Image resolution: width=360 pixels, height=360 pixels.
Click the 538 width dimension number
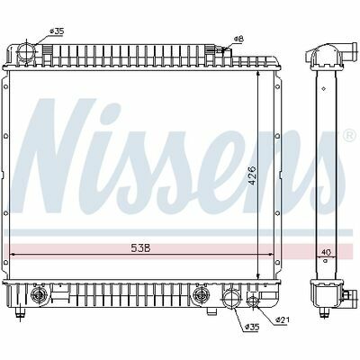coord(140,247)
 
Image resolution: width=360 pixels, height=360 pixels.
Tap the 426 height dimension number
coord(253,175)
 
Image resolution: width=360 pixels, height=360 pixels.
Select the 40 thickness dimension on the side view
coord(326,253)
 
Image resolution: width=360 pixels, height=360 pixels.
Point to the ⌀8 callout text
coord(239,39)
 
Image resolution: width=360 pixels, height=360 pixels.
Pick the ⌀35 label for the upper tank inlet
coord(57,31)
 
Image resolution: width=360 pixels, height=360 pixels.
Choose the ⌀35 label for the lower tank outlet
coord(252,327)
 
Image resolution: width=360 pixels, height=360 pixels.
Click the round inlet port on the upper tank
coord(26,52)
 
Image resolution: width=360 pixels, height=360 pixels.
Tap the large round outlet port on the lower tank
coord(230,297)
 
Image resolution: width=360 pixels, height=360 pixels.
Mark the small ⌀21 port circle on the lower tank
coord(253,300)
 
